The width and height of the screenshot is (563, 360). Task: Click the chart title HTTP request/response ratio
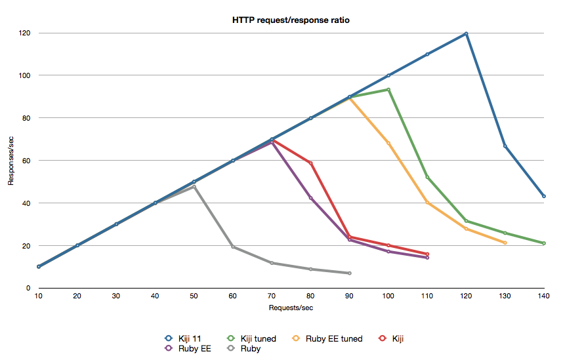pyautogui.click(x=291, y=20)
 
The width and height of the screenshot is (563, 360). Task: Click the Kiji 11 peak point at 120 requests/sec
pyautogui.click(x=466, y=33)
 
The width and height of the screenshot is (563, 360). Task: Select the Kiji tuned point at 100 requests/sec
pyautogui.click(x=388, y=89)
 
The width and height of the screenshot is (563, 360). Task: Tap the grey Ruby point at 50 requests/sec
pyautogui.click(x=194, y=187)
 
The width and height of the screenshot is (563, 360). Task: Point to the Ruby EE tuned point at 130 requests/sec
pyautogui.click(x=505, y=243)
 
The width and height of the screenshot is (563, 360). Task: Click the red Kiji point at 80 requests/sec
pyautogui.click(x=310, y=163)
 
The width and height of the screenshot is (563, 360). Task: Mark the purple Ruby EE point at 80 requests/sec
pyautogui.click(x=310, y=198)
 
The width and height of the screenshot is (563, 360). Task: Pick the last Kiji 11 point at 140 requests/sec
pyautogui.click(x=543, y=196)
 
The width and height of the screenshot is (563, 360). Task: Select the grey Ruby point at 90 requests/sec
pyautogui.click(x=349, y=273)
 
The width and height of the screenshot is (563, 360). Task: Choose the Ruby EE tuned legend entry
pyautogui.click(x=327, y=338)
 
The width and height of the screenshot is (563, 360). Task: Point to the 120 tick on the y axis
pyautogui.click(x=26, y=33)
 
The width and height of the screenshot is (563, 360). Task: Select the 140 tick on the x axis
pyautogui.click(x=543, y=297)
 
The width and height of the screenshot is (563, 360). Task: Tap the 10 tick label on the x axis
pyautogui.click(x=39, y=297)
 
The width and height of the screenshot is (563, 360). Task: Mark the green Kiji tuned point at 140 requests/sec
pyautogui.click(x=543, y=243)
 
